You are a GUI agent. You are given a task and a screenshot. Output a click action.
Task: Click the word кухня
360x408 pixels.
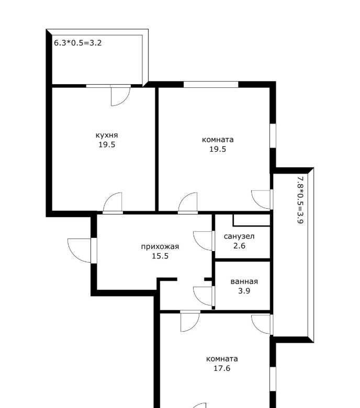coord(107,135)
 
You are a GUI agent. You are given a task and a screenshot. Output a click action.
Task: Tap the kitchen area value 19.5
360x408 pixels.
coord(107,145)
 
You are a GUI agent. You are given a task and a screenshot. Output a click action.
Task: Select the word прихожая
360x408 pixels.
coord(160,247)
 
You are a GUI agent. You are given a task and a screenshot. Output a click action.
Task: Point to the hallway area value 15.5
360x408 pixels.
coord(160,256)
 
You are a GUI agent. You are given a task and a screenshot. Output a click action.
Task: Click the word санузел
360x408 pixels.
coord(239,236)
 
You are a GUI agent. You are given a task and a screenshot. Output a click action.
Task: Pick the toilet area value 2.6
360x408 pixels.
coord(239,246)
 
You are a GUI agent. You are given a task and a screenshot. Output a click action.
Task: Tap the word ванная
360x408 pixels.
coord(244,281)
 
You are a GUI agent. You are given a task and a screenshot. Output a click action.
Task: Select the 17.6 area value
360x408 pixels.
coord(222,368)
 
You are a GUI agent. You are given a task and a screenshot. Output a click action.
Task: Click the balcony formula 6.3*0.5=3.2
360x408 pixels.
coord(77,43)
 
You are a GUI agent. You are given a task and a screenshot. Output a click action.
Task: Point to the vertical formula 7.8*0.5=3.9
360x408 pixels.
coord(300,200)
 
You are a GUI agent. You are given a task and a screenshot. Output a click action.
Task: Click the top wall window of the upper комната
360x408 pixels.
coord(211,85)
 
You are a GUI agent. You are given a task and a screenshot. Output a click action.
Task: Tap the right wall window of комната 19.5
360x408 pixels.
coord(273,135)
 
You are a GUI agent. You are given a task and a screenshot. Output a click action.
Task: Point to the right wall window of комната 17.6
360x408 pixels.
coord(273,379)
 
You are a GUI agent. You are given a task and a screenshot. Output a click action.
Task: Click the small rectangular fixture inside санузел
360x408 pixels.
coord(251,220)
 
